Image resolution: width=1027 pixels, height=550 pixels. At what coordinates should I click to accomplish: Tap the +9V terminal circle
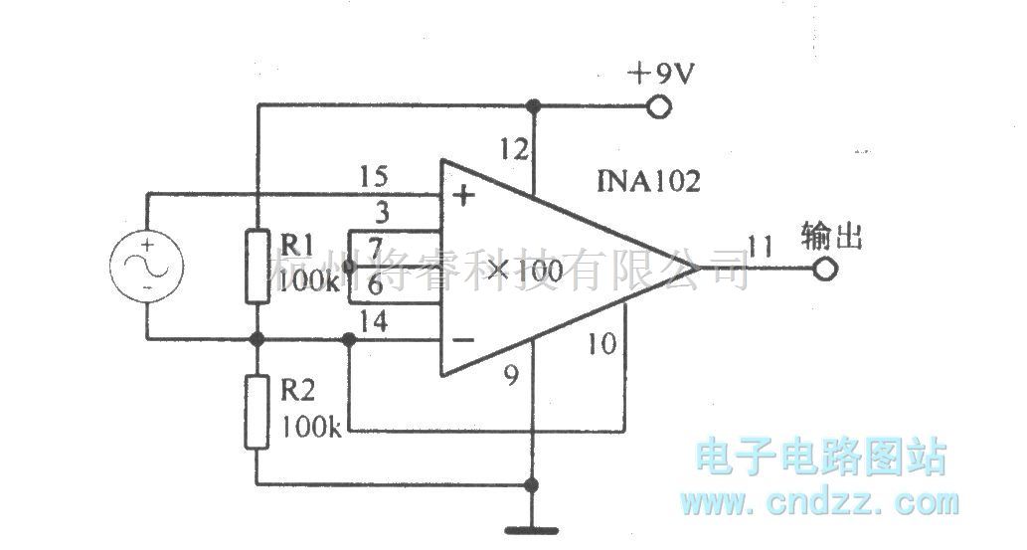click(x=656, y=106)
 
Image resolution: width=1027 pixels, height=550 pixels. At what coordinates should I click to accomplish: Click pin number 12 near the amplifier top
click(x=514, y=150)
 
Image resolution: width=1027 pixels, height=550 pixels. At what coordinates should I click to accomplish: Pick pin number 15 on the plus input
click(x=373, y=178)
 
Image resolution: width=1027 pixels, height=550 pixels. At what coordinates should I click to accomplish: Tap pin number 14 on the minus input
click(x=374, y=320)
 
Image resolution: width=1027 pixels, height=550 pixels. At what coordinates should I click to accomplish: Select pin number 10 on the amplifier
click(x=600, y=345)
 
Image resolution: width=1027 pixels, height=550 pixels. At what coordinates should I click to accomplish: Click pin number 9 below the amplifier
click(x=512, y=377)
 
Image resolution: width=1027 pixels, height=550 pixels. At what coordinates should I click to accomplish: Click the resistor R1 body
click(x=257, y=265)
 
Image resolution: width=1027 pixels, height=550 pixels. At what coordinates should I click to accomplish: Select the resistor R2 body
click(x=257, y=411)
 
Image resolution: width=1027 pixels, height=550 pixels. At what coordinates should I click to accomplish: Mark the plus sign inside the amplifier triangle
click(x=463, y=195)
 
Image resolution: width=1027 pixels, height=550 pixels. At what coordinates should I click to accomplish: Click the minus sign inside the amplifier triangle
click(x=463, y=340)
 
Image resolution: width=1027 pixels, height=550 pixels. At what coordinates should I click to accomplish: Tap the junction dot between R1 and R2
click(x=257, y=339)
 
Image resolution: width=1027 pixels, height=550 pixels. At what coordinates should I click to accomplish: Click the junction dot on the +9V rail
click(x=533, y=105)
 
